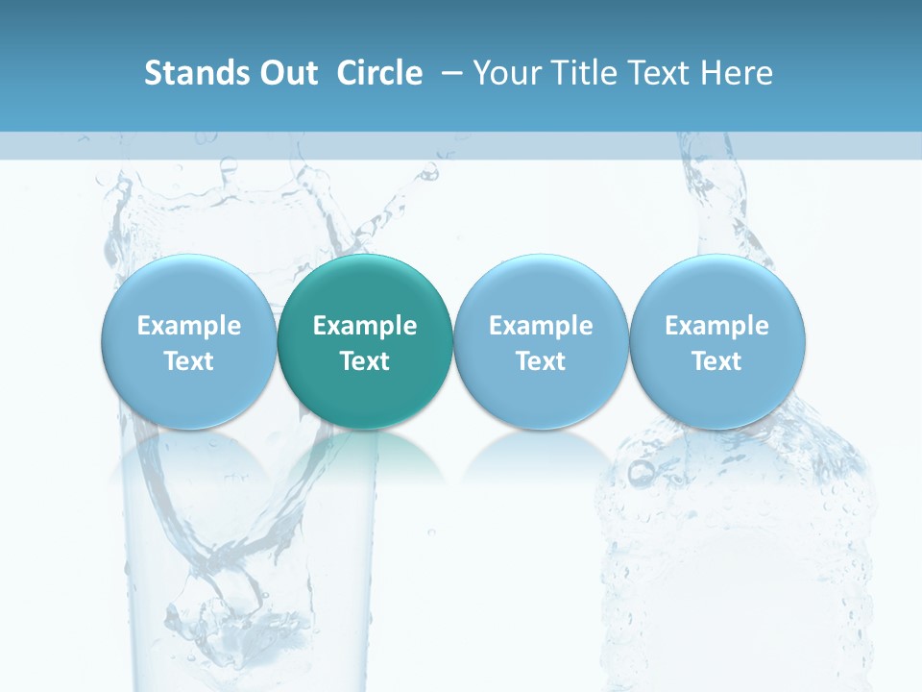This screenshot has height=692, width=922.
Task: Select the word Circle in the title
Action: [379, 73]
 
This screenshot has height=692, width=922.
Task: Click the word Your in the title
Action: [508, 73]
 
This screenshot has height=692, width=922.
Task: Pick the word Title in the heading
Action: [583, 73]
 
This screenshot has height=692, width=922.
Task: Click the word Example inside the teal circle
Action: [365, 326]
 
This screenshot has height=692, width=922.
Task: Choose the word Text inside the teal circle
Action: [365, 361]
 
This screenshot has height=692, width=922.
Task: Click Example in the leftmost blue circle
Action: [189, 326]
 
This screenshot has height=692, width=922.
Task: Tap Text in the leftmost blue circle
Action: [189, 361]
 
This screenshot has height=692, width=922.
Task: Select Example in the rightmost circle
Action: [716, 326]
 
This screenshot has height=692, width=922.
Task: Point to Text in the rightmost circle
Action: [716, 361]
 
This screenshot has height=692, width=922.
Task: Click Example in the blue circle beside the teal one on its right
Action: [541, 326]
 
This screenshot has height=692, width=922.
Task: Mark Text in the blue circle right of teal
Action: [541, 361]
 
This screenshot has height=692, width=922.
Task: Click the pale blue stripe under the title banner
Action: [461, 145]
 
